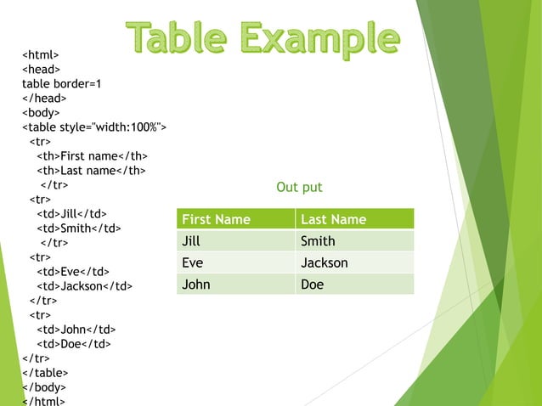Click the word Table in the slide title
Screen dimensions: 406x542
[x=176, y=37]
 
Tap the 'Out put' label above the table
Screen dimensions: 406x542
[x=299, y=187]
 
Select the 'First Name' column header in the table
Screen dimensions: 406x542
[x=217, y=219]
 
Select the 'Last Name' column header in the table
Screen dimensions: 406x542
[x=334, y=219]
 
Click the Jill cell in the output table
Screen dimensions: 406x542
[x=191, y=241]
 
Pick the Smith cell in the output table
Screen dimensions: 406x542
[x=318, y=241]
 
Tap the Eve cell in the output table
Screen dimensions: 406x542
[x=193, y=263]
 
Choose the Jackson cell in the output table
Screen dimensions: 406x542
[x=325, y=263]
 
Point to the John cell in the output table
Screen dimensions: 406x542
[x=196, y=285]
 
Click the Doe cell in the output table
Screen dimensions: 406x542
[x=313, y=285]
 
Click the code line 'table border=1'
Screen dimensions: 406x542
[x=61, y=84]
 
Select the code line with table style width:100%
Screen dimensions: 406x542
[x=93, y=127]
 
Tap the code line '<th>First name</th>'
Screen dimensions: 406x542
[x=92, y=156]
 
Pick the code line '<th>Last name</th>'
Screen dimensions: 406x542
[x=91, y=171]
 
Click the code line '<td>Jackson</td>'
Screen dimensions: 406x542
[x=84, y=286]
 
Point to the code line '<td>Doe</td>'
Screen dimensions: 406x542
[x=73, y=344]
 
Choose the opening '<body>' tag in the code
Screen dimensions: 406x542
[x=42, y=113]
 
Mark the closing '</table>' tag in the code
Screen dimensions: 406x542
[x=45, y=373]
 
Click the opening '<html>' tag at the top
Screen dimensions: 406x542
[x=40, y=55]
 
